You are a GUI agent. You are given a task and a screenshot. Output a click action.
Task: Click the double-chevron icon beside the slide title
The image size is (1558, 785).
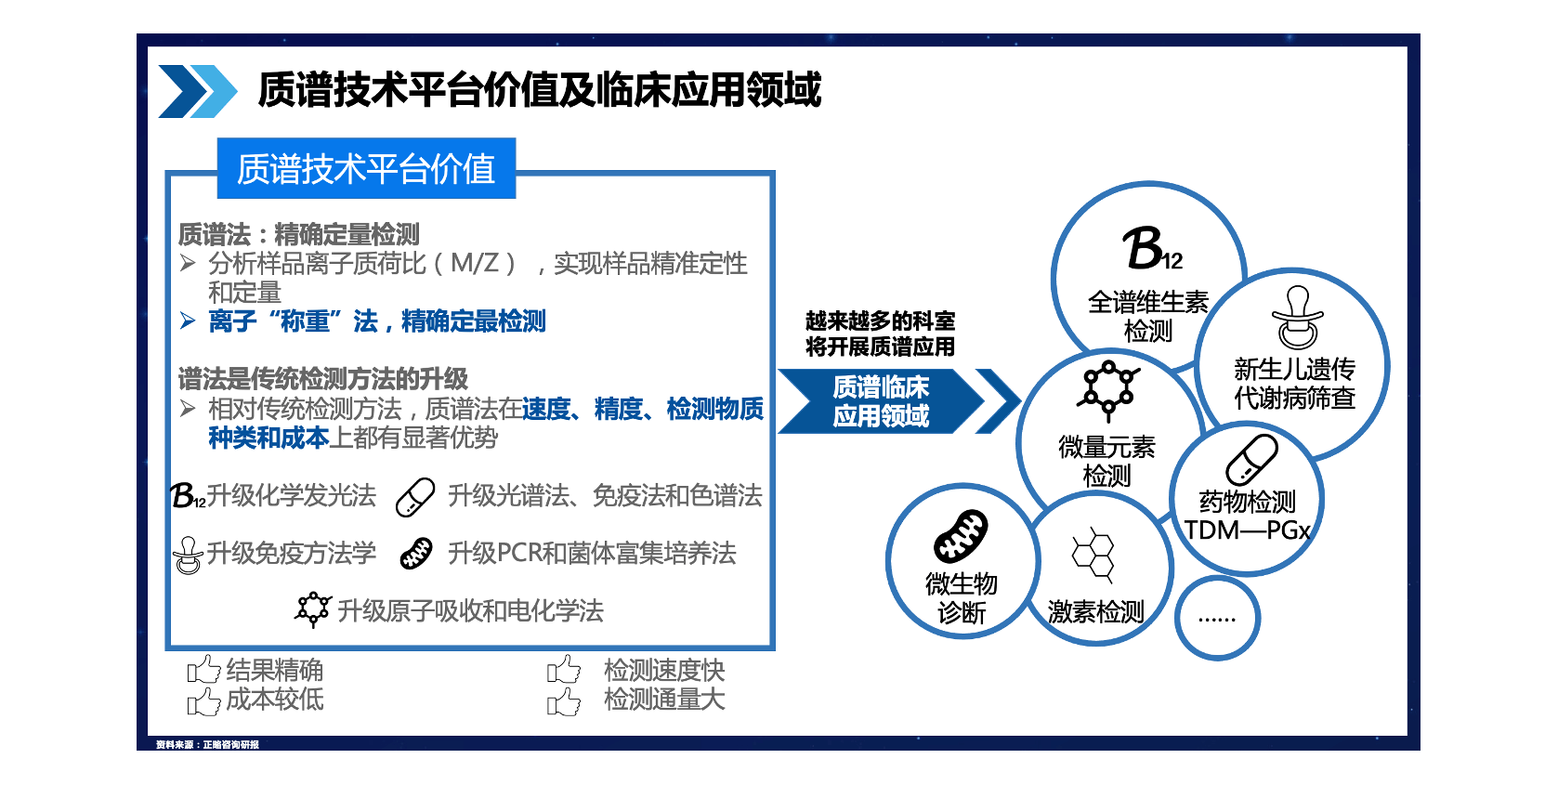pos(198,91)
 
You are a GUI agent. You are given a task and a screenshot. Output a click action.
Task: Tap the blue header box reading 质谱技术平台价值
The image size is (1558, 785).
pos(367,168)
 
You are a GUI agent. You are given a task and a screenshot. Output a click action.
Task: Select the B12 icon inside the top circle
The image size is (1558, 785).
pos(1152,248)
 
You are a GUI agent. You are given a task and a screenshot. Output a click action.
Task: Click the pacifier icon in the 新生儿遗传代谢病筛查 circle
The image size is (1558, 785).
pos(1297,317)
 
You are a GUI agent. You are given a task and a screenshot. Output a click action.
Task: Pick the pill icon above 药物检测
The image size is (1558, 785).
pos(1251,460)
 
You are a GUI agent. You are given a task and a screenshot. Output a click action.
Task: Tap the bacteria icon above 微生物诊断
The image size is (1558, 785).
pos(961,535)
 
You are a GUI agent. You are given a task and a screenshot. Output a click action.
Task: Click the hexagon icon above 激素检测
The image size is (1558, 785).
pos(1094,555)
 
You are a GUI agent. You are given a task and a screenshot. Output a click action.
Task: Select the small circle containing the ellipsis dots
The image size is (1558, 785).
pos(1217,618)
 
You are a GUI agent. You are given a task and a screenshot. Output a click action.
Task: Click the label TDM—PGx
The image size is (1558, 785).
pos(1247,530)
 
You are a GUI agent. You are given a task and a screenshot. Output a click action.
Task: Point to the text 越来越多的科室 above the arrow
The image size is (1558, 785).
pos(880,321)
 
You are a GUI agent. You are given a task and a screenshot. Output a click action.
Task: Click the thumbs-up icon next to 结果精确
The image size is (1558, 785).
pos(203,670)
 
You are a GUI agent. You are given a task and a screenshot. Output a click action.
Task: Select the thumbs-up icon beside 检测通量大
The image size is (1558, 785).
pos(563,700)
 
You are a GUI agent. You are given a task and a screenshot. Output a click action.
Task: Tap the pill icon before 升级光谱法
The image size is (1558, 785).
pos(415,497)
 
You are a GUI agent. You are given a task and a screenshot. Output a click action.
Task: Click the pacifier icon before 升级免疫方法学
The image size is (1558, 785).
pos(188,556)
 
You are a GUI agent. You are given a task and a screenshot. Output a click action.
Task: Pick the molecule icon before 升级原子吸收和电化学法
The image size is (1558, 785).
pos(313,609)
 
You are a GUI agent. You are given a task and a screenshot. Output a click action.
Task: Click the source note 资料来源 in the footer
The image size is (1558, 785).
pos(207,745)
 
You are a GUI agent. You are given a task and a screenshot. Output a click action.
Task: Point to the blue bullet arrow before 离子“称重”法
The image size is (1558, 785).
pos(187,321)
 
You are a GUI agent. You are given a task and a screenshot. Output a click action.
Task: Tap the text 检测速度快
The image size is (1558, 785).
pos(664,671)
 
